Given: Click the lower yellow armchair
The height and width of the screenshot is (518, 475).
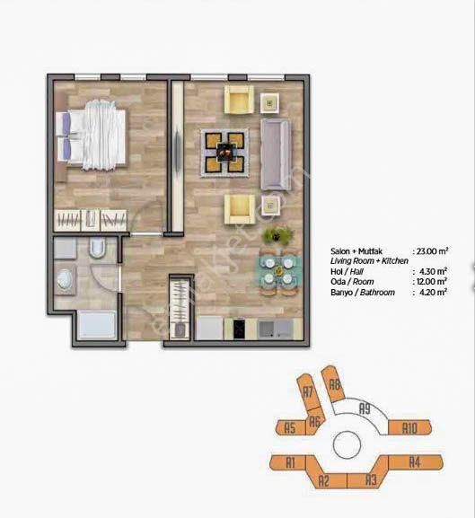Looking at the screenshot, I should [x=240, y=210].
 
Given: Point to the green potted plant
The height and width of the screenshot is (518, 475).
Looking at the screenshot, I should [x=277, y=236].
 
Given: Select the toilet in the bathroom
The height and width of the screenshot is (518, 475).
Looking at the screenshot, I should [x=99, y=250].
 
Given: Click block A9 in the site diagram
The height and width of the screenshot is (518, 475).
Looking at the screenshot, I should [x=365, y=408].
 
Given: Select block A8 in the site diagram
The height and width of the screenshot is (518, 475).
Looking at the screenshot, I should [x=335, y=386].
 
